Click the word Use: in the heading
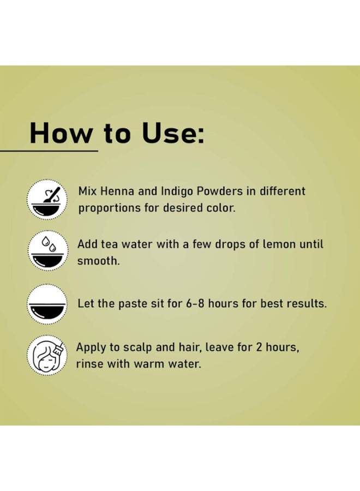click(173, 133)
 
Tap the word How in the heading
click(61, 133)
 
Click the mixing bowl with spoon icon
click(47, 199)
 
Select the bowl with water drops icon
click(47, 251)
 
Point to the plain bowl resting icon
click(47, 304)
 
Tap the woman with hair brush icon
click(47, 355)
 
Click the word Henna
click(117, 191)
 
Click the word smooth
click(98, 261)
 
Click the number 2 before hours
click(259, 348)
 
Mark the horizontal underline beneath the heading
click(49, 151)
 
